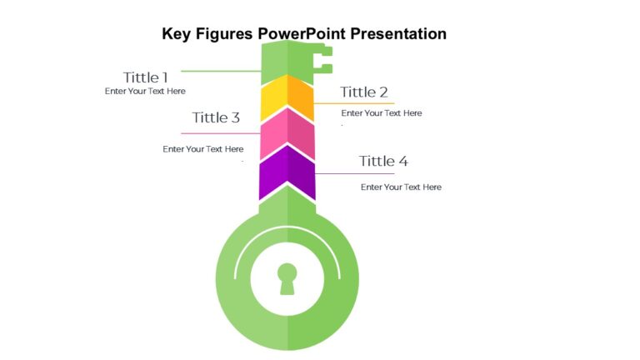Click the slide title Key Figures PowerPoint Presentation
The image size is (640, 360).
[x=304, y=34]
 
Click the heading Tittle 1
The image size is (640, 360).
[x=146, y=77]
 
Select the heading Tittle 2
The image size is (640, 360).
[x=364, y=92]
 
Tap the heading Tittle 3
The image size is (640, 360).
[x=216, y=117]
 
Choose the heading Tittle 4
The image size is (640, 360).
[x=383, y=161]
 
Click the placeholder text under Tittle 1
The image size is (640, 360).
[x=145, y=92]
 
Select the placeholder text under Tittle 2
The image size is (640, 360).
[x=382, y=113]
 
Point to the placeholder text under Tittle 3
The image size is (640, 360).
[x=203, y=149]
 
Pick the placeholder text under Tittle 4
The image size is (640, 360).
[x=401, y=187]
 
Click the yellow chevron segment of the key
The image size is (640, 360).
[x=287, y=99]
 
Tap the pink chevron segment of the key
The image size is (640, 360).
[x=287, y=135]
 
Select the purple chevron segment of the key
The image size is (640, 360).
[x=287, y=173]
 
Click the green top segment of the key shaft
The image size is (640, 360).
[x=287, y=62]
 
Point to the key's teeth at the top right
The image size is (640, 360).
[x=323, y=59]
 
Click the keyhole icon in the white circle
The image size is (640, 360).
[x=287, y=278]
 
